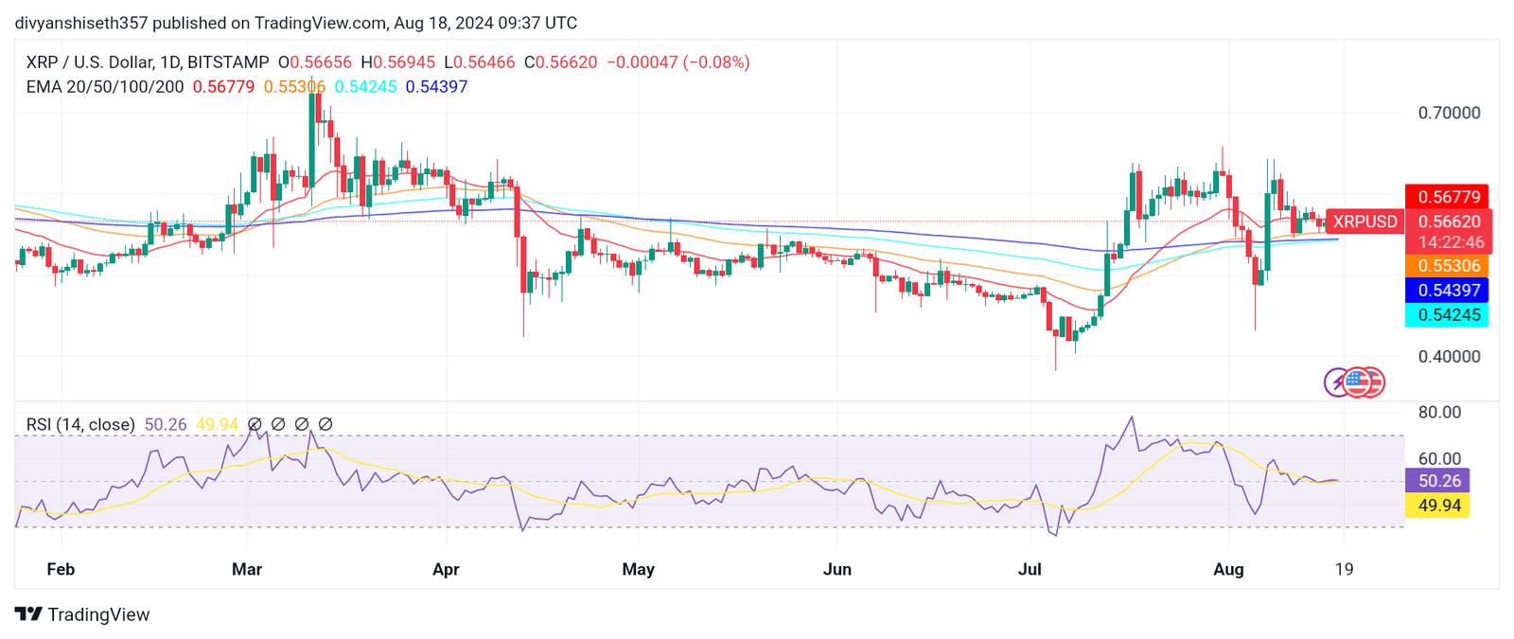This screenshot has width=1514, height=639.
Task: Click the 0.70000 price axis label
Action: point(1449,113)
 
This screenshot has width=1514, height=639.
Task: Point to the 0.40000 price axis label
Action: point(1449,357)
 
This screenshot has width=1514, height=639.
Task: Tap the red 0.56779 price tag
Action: point(1448,197)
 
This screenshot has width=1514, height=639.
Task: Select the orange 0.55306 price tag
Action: point(1448,266)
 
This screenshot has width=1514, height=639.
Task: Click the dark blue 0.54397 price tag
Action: point(1448,291)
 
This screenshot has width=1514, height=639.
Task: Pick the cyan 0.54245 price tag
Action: point(1448,315)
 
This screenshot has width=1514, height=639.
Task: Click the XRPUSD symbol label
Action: point(1364,222)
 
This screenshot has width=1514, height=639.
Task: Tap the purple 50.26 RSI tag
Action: point(1438,481)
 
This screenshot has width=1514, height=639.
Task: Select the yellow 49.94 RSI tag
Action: point(1438,506)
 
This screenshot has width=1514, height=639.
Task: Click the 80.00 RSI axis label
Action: point(1438,413)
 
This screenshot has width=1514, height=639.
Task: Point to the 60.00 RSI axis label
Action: point(1438,459)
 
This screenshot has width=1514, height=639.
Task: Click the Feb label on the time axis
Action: point(61,569)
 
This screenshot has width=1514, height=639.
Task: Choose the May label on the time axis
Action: point(638,569)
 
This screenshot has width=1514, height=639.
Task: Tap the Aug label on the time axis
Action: point(1228,569)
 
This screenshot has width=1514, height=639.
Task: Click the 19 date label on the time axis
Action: point(1344,569)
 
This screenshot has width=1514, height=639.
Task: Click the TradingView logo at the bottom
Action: point(83,614)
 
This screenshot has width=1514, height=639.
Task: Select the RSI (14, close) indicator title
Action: point(80,424)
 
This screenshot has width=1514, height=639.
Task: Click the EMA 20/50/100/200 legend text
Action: point(105,87)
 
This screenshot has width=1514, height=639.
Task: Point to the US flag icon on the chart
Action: point(1357,382)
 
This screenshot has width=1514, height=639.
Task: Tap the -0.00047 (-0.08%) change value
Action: point(678,62)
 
